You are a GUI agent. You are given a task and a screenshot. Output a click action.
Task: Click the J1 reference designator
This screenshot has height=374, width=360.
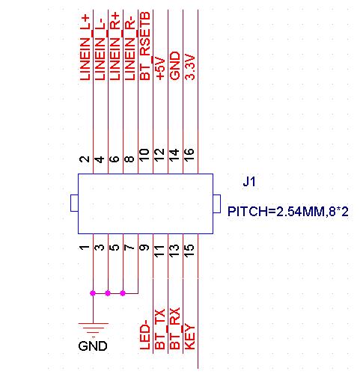[249, 182]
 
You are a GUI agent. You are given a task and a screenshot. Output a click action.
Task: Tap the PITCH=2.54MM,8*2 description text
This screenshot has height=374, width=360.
[288, 212]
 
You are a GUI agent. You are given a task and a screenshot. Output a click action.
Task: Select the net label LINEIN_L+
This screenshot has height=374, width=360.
[85, 47]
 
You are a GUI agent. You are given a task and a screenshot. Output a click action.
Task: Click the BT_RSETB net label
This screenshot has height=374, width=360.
[145, 46]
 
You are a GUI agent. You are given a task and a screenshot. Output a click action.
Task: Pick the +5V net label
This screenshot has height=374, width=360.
[160, 68]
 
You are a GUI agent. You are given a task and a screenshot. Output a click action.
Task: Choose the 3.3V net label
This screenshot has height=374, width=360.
[190, 67]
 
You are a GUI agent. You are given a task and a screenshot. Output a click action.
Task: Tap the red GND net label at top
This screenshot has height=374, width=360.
[175, 66]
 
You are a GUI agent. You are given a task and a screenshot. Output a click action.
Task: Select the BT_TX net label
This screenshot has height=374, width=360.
[160, 329]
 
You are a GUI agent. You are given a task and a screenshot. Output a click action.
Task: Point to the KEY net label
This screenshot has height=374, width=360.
[189, 337]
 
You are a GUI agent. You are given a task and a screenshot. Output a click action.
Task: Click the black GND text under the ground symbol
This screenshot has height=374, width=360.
[93, 346]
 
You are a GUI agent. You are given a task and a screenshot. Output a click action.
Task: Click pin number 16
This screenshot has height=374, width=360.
[189, 155]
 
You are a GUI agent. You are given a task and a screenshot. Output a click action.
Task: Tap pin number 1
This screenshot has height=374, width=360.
[85, 248]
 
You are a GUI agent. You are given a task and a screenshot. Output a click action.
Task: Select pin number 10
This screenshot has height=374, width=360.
[144, 155]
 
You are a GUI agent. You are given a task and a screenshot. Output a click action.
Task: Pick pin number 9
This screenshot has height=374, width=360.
[144, 248]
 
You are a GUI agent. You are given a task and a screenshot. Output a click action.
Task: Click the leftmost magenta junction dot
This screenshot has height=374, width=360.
[93, 293]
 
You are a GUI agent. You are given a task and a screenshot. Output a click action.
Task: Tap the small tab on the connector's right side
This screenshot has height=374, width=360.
[217, 204]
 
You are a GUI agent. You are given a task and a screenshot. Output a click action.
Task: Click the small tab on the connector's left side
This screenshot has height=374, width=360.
[74, 203]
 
